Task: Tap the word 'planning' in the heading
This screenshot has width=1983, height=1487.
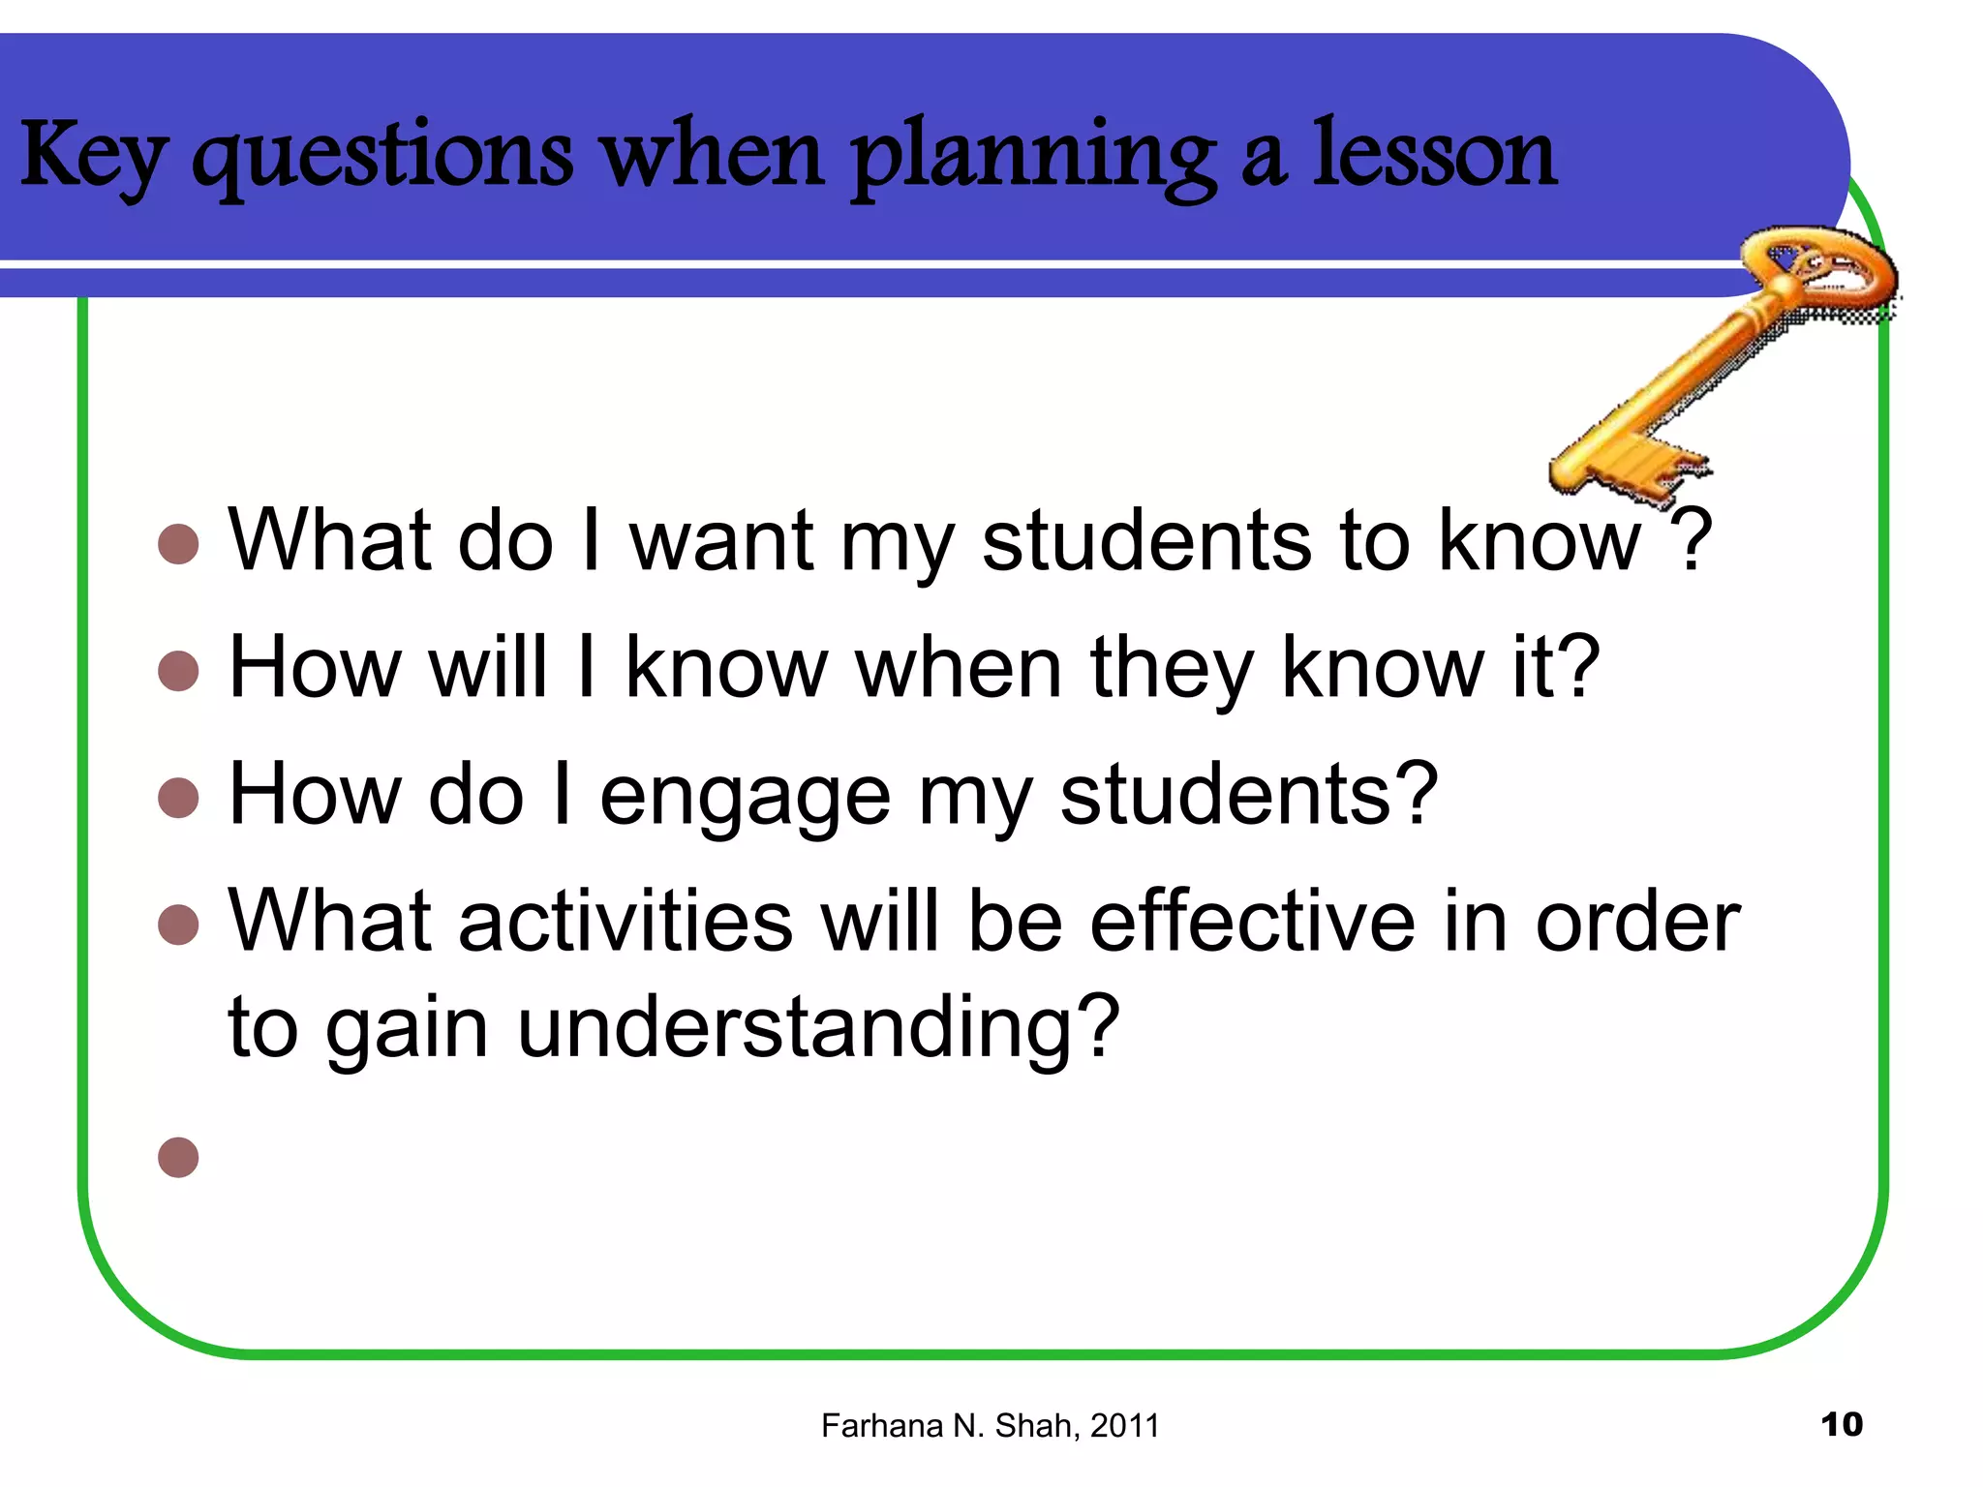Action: click(1032, 157)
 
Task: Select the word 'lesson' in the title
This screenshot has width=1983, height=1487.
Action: click(1434, 155)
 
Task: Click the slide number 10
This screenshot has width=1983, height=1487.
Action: click(1841, 1424)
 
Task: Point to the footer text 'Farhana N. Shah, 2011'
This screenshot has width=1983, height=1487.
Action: click(990, 1426)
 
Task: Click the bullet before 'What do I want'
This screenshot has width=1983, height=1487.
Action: click(178, 544)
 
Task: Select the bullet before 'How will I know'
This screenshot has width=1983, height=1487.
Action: click(178, 670)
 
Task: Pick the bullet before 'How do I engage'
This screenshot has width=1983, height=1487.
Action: click(178, 798)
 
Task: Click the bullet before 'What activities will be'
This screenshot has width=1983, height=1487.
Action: click(178, 925)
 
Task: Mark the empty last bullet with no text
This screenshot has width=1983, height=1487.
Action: click(178, 1157)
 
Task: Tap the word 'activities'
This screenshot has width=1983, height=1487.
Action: click(625, 921)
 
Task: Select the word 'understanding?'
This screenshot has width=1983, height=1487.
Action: click(818, 1028)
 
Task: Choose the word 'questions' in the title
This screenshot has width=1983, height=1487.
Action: click(382, 157)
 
